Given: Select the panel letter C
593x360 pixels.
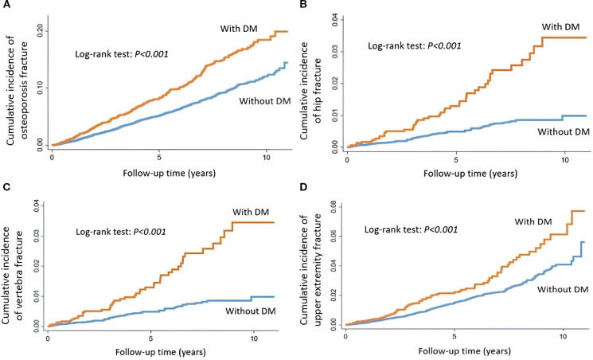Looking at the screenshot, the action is [5, 188].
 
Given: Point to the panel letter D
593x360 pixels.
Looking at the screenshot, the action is [302, 188].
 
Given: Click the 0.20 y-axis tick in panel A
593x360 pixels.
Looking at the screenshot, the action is [41, 30].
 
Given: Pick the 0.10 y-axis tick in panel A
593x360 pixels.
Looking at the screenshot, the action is [41, 88].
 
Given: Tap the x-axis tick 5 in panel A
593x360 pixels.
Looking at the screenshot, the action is [159, 157].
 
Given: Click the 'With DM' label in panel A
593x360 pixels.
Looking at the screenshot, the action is [239, 29].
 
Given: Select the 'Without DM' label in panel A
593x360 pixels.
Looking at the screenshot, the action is [265, 101].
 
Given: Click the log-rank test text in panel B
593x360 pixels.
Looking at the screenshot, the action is [415, 46].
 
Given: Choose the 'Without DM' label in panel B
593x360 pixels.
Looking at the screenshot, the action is [564, 131].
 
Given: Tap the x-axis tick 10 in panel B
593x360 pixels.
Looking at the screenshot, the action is [564, 160].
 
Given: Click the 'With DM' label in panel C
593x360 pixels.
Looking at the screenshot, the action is [251, 212].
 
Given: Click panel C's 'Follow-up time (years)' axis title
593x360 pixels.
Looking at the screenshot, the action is [161, 352].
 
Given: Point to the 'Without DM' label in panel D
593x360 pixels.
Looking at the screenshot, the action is [563, 290].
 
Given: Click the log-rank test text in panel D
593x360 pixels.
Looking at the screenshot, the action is [411, 229].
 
